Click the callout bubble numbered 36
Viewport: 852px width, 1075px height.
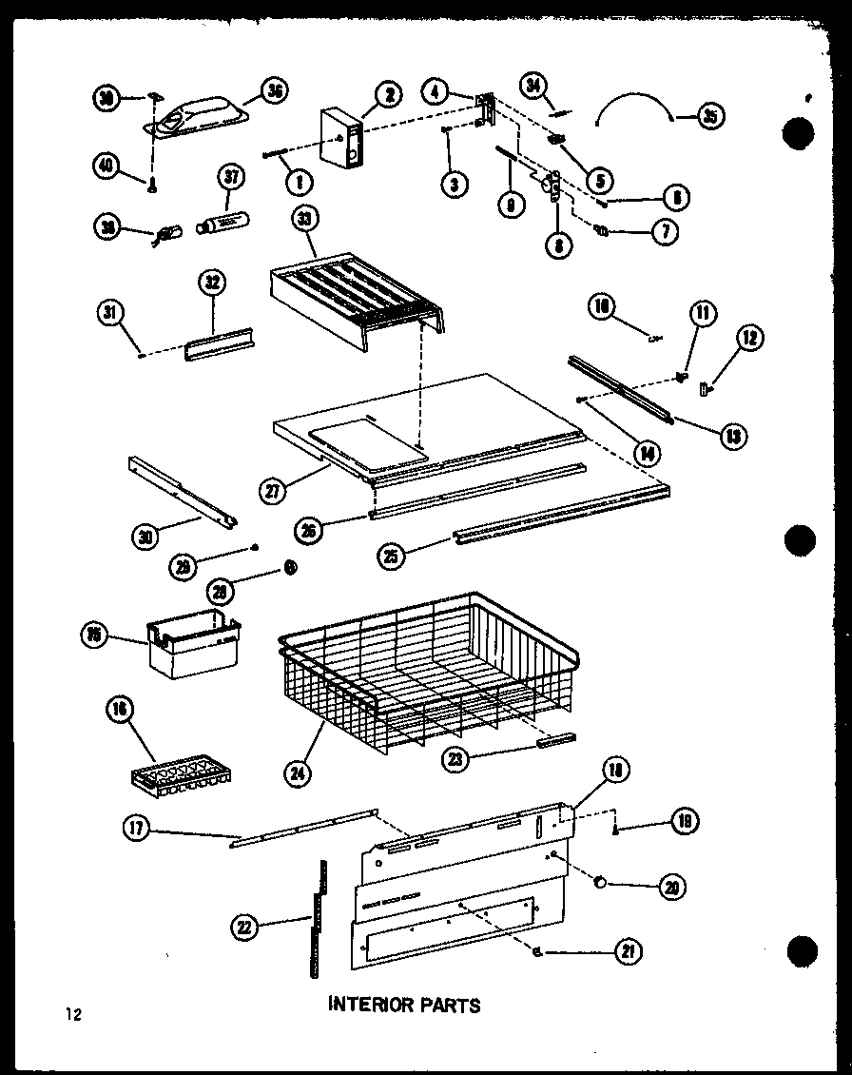(x=275, y=92)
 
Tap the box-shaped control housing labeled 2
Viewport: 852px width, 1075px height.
(x=342, y=139)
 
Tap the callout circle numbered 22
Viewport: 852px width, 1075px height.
(x=246, y=926)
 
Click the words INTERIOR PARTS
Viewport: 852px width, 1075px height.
(x=404, y=1005)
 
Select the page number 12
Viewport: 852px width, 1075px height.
(x=73, y=1014)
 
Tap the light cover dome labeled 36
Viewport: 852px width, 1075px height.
(x=198, y=115)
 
